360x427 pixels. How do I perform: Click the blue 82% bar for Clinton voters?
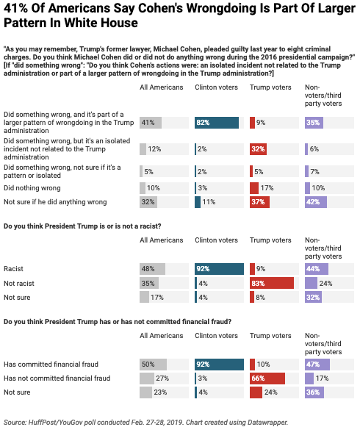[217, 123]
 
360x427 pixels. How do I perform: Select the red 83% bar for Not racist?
[272, 283]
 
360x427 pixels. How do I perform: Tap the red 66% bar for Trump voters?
[267, 378]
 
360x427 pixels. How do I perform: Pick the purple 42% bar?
[316, 202]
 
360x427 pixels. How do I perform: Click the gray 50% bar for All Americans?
[153, 365]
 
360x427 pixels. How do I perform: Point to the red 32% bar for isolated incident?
[258, 149]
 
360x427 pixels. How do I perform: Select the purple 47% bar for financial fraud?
[317, 365]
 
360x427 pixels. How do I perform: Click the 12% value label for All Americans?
[154, 149]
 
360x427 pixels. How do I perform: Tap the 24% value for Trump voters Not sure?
[271, 392]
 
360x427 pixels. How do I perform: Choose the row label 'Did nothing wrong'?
[32, 188]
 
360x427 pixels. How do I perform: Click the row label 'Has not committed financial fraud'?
[57, 378]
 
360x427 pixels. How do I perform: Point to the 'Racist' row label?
[13, 269]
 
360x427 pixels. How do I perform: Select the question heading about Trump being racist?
[82, 226]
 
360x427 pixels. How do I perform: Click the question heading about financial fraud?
[118, 322]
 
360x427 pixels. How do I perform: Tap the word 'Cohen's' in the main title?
[148, 9]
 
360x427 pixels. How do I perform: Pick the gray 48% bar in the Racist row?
[153, 269]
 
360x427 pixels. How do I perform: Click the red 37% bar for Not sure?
[259, 202]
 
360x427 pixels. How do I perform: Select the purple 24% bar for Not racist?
[311, 283]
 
